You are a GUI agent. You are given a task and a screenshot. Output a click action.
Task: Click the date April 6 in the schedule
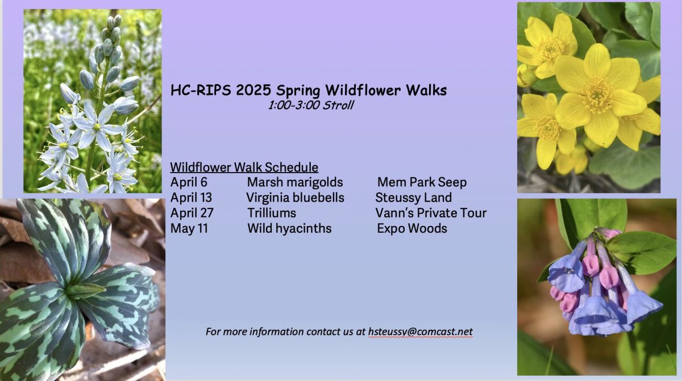pyautogui.click(x=189, y=182)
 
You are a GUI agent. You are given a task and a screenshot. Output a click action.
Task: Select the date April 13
pyautogui.click(x=191, y=198)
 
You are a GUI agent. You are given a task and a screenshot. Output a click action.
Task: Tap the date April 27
pyautogui.click(x=192, y=213)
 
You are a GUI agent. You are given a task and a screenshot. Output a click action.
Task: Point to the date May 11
pyautogui.click(x=189, y=228)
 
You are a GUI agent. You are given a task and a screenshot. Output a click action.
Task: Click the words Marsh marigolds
pyautogui.click(x=295, y=182)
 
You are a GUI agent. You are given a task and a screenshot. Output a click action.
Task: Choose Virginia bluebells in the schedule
pyautogui.click(x=296, y=198)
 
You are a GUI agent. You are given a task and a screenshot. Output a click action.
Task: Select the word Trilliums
pyautogui.click(x=272, y=213)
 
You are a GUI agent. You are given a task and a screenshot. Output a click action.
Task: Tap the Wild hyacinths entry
pyautogui.click(x=289, y=229)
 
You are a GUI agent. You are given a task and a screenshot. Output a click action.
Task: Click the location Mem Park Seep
pyautogui.click(x=422, y=182)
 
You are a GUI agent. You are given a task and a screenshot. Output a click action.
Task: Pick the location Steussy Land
pyautogui.click(x=414, y=198)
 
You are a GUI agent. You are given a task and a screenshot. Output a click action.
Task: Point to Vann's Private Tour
pyautogui.click(x=431, y=213)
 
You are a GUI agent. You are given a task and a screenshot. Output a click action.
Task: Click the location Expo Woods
pyautogui.click(x=412, y=229)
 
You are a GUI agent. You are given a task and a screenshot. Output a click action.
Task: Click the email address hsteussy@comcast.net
pyautogui.click(x=421, y=332)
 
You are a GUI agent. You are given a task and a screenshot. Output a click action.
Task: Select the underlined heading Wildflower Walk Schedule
pyautogui.click(x=244, y=168)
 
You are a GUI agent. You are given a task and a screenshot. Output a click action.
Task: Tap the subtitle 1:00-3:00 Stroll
pyautogui.click(x=310, y=105)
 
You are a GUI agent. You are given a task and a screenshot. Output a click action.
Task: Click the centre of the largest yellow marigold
pyautogui.click(x=596, y=95)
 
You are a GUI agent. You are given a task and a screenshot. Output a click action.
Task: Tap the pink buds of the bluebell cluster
pyautogui.click(x=601, y=267)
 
